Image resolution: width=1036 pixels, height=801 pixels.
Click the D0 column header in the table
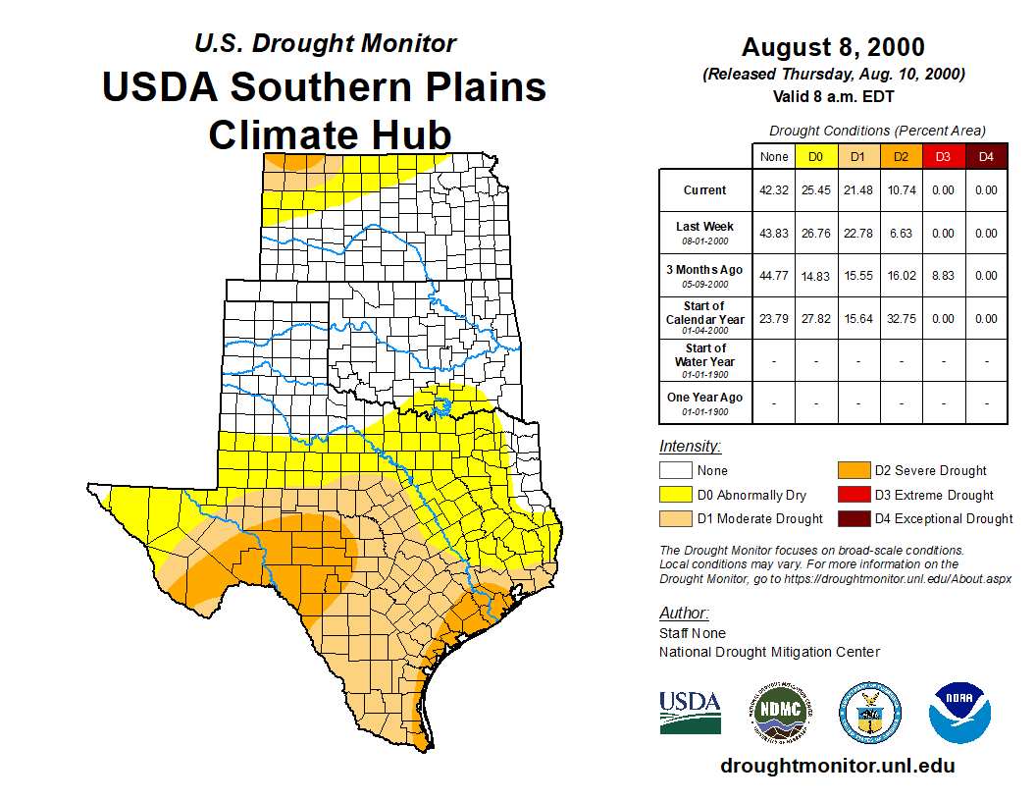coord(816,156)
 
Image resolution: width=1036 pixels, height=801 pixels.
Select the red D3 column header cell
coord(943,156)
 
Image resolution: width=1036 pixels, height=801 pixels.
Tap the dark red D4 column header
coord(986,156)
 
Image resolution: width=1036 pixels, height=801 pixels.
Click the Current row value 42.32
coord(774,190)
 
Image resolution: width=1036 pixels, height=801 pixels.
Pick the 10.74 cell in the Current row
coord(901,190)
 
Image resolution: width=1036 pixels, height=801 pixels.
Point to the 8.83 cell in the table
coord(943,276)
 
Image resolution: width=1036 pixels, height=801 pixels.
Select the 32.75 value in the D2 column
coord(901,319)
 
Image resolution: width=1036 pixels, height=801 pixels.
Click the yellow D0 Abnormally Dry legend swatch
coord(676,495)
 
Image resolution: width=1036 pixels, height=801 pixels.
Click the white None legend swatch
coord(676,470)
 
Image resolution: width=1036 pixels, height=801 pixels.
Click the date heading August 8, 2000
coord(833,47)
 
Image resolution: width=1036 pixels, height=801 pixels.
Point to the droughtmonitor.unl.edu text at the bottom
coord(837,766)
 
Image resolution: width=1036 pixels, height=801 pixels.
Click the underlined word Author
coord(683,614)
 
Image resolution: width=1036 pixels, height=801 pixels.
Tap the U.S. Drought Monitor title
coord(325,44)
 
